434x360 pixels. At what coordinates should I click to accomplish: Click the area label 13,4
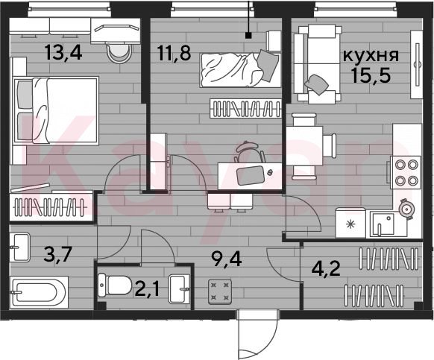63,52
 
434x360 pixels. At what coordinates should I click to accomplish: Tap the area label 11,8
174,53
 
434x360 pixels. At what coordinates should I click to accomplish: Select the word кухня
371,55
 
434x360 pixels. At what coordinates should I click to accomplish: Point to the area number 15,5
371,75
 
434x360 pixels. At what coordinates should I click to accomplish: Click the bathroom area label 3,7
58,254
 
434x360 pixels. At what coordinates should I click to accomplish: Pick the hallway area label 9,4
227,259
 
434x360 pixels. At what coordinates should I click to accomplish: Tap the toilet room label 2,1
147,289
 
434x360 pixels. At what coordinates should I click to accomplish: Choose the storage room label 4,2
326,268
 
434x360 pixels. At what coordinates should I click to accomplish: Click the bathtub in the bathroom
39,292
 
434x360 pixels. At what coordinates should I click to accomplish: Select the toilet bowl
115,285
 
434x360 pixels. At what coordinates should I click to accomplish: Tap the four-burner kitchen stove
406,172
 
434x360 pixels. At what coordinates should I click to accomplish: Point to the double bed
56,111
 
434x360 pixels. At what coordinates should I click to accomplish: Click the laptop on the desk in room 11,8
251,175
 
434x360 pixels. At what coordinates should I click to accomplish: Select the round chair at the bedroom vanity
119,54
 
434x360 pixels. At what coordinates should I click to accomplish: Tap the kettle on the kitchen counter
406,209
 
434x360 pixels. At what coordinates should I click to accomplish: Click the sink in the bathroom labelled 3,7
19,247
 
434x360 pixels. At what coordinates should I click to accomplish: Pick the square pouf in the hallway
220,291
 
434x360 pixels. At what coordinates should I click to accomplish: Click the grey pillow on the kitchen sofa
317,84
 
